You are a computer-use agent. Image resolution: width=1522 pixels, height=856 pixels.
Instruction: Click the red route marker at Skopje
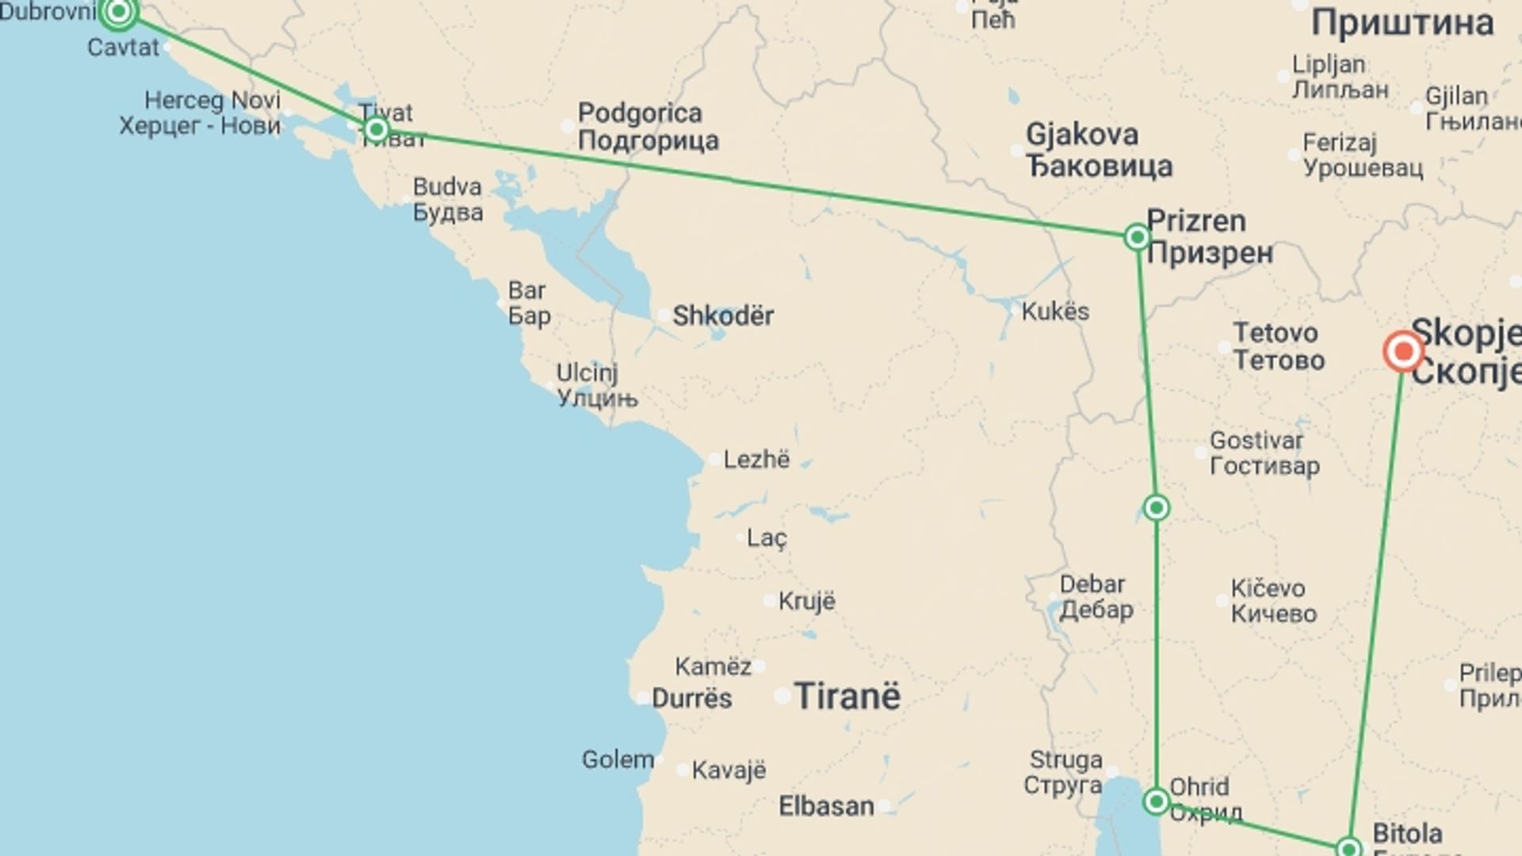[1403, 351]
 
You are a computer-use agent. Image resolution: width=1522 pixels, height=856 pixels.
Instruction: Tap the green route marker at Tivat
[377, 129]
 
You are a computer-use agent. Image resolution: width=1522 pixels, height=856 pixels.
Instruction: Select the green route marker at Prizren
[1138, 236]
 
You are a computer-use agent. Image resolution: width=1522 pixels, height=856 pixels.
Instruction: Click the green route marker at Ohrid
[1157, 802]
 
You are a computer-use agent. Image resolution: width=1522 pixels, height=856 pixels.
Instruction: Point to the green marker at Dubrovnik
[119, 11]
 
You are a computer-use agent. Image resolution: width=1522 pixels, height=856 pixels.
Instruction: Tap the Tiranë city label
[847, 697]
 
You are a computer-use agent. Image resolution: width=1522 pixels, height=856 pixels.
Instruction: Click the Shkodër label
[723, 315]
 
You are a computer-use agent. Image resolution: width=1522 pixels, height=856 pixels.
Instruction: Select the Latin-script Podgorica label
[640, 113]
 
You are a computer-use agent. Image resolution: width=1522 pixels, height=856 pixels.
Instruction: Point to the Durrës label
[692, 698]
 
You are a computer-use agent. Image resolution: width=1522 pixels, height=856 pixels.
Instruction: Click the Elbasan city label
[826, 806]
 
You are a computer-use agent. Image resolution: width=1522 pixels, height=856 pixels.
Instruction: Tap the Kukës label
[1055, 311]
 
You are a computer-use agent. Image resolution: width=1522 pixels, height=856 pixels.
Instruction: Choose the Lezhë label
[756, 459]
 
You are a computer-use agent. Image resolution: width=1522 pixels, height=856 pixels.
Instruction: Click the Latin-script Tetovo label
[1275, 332]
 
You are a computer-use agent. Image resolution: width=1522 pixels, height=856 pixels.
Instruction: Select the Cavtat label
[123, 48]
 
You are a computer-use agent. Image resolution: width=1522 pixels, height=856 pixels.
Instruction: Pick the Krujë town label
[807, 601]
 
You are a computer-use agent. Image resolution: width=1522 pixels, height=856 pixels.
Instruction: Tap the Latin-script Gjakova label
[1082, 135]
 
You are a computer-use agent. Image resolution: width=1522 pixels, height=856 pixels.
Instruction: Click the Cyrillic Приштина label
[1402, 22]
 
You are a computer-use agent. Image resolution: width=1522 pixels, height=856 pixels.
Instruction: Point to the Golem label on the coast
[618, 759]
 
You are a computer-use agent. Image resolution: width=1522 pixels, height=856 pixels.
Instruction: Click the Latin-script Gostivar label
[1256, 440]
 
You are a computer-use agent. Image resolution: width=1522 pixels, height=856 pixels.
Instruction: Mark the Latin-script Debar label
[1092, 584]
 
